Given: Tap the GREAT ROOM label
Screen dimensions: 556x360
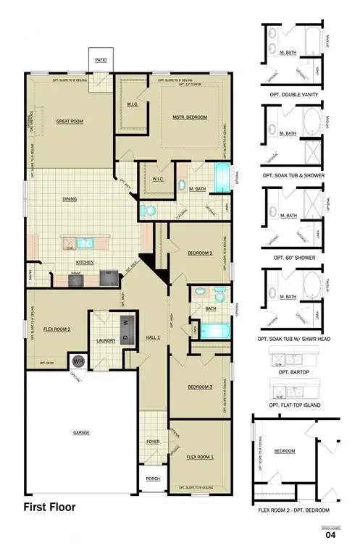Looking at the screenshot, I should click(x=70, y=121).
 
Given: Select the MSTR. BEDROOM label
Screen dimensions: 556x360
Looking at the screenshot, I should click(x=190, y=117).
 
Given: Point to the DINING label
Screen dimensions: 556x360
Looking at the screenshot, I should click(x=70, y=198).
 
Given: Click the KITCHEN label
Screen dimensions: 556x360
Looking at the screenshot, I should click(x=85, y=261).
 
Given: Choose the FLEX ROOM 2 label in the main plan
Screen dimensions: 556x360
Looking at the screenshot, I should click(x=56, y=329).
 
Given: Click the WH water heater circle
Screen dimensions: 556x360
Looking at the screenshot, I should click(x=78, y=360).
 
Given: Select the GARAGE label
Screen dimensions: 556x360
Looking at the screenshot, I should click(x=80, y=432).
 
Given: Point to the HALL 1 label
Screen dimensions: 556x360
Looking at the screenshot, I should click(x=153, y=337).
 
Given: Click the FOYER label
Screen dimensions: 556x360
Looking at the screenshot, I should click(x=153, y=440).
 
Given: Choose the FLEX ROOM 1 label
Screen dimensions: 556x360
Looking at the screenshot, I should click(x=200, y=457).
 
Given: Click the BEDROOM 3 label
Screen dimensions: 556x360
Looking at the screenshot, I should click(x=199, y=387).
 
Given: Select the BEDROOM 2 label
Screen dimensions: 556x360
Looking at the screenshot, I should click(x=199, y=253).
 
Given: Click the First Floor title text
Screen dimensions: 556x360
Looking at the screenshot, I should click(x=50, y=507).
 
